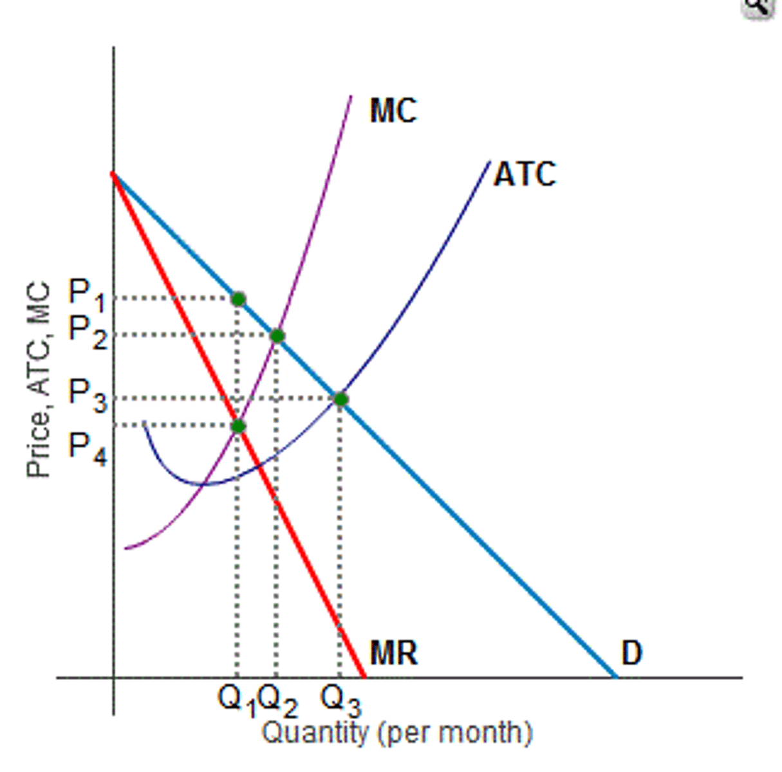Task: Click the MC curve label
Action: [393, 111]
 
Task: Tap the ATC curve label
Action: [525, 174]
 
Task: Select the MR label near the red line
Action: [393, 653]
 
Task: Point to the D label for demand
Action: [631, 653]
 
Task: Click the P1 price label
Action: [86, 295]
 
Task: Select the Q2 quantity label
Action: [278, 699]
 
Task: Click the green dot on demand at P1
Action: [238, 299]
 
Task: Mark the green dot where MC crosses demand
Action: [277, 336]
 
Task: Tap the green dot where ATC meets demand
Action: [340, 400]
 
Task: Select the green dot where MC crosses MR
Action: [238, 426]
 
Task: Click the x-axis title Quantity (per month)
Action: [397, 733]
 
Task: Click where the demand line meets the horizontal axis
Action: [616, 677]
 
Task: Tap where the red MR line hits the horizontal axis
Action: [364, 677]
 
